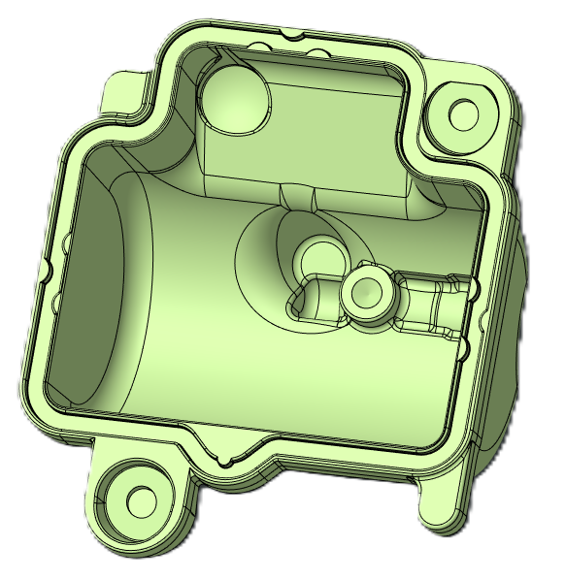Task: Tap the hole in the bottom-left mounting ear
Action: coord(142,500)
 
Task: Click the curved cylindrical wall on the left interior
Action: coord(107,291)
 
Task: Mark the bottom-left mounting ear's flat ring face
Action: coord(117,514)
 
